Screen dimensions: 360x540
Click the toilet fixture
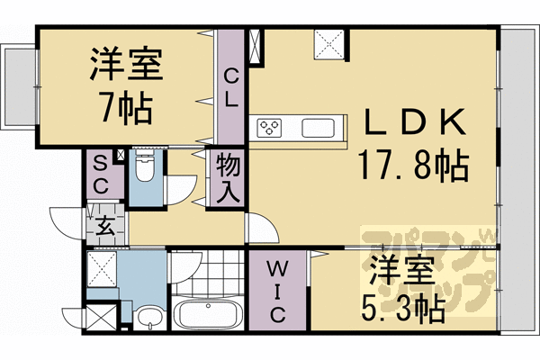pyautogui.click(x=145, y=166)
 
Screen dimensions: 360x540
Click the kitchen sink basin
pyautogui.click(x=320, y=127)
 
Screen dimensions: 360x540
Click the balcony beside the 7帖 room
pyautogui.click(x=17, y=85)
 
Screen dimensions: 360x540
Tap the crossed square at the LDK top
pyautogui.click(x=328, y=42)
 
